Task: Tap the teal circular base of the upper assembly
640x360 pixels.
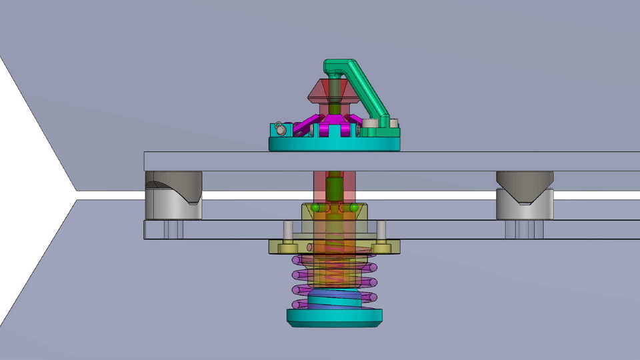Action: (x=333, y=143)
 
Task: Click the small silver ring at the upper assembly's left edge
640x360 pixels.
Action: (x=279, y=127)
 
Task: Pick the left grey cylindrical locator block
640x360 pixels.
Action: (x=173, y=195)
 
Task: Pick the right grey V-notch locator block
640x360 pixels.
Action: (x=525, y=195)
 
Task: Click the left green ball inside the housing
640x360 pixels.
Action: (x=315, y=208)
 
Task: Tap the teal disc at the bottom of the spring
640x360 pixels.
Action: (x=334, y=317)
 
